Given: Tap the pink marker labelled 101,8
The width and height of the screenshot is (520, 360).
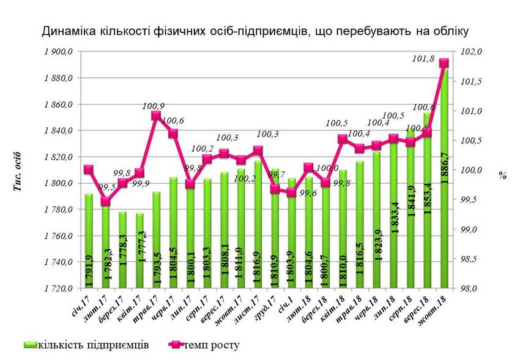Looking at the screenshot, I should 444,63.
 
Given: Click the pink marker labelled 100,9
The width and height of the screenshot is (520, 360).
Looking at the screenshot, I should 156,115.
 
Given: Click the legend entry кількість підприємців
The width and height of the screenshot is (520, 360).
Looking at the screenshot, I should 92,344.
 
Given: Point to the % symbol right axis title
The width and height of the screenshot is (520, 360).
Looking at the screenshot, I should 502,175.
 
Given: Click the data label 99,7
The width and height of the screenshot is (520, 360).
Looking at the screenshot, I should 273,176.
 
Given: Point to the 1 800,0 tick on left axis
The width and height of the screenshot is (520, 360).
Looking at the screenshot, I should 58,184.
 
